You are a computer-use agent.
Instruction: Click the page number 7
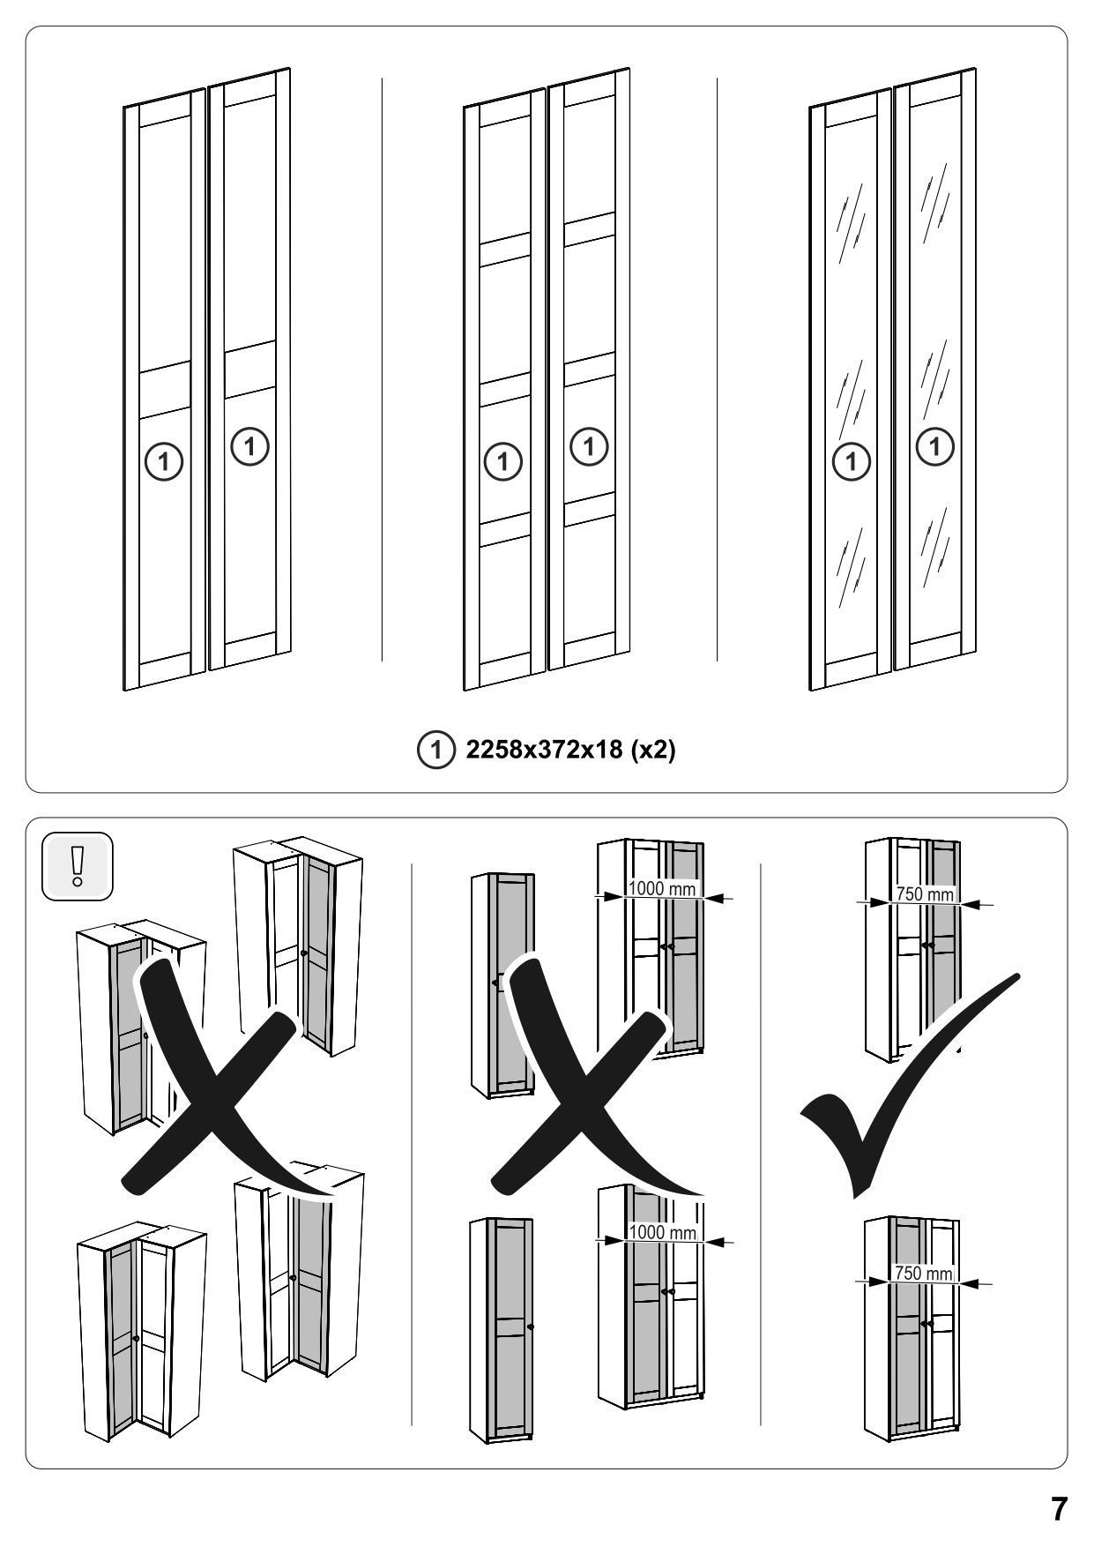(x=1059, y=1509)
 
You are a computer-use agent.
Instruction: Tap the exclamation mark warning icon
(x=78, y=866)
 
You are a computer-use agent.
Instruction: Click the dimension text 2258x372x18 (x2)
(x=570, y=750)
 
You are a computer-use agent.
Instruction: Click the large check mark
(x=910, y=1086)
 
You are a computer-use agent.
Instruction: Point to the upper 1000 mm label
(x=661, y=888)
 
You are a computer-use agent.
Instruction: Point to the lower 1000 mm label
(x=661, y=1232)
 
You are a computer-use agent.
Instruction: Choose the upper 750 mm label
(x=925, y=893)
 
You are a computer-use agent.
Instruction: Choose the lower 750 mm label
(x=924, y=1273)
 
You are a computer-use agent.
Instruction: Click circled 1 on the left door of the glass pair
(x=852, y=460)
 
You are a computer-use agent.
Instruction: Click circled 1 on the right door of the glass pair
(x=935, y=447)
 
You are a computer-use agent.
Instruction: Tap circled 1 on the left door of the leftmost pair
(x=164, y=460)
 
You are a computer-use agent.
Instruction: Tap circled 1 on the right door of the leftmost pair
(x=249, y=447)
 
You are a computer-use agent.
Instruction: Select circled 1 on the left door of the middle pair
(x=503, y=460)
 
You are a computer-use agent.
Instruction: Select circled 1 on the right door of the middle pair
(x=590, y=447)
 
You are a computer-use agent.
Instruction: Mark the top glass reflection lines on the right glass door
(x=934, y=201)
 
